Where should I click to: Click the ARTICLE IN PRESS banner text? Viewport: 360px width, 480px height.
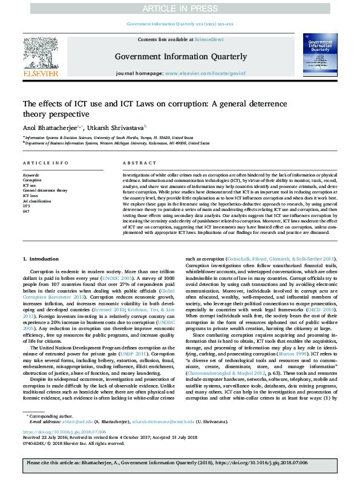click(180, 8)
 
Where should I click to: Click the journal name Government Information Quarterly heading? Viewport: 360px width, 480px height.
click(181, 56)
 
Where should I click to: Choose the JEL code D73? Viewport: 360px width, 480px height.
click(26, 207)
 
